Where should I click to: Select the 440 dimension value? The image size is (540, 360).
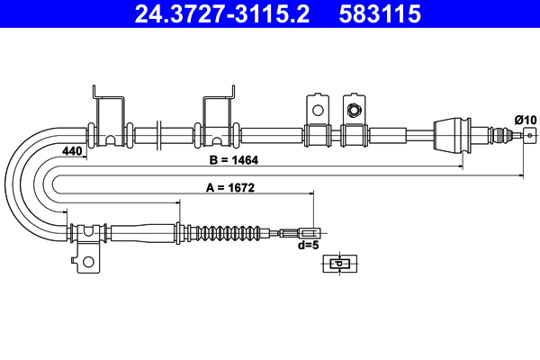(x=73, y=151)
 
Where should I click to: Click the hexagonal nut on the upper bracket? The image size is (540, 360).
(x=355, y=111)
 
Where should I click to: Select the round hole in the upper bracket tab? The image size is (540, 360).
(x=317, y=110)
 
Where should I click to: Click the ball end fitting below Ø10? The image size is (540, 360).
(x=526, y=136)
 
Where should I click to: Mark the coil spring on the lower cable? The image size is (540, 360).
(x=229, y=231)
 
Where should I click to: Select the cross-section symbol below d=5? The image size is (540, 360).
(x=338, y=264)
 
